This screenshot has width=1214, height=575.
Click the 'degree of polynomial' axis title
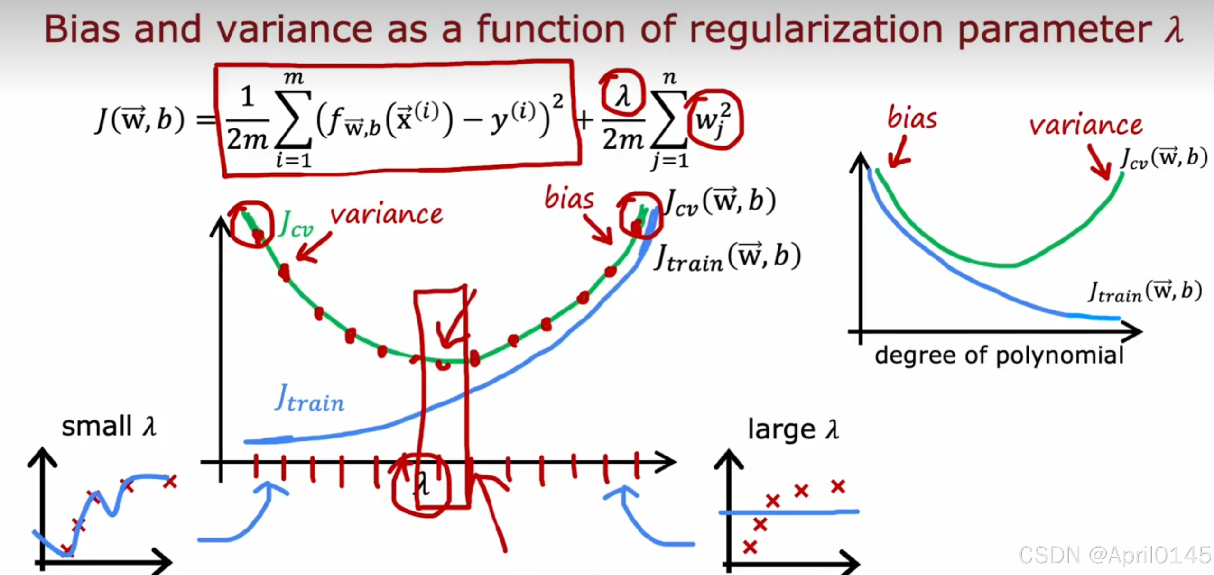click(x=999, y=356)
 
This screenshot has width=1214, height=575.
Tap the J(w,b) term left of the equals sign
click(x=140, y=119)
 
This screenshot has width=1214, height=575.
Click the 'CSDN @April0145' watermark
click(x=1115, y=555)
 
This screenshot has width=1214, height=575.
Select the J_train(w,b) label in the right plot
click(x=1145, y=292)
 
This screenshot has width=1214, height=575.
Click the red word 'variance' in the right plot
click(x=1085, y=125)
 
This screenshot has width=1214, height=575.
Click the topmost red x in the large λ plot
click(x=838, y=486)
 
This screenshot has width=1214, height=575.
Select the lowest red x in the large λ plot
click(x=750, y=547)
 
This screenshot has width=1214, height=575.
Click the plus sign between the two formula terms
click(x=585, y=120)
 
